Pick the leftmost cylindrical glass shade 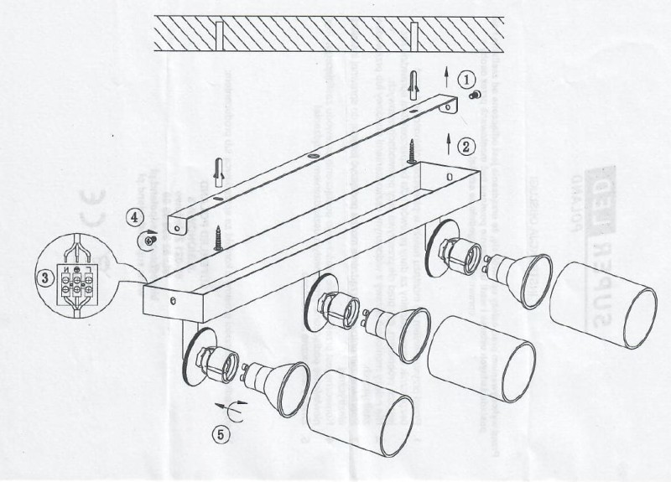tap(360, 413)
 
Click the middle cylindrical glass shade tap(481, 359)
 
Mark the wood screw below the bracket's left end tap(218, 237)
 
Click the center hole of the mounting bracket tap(312, 156)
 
